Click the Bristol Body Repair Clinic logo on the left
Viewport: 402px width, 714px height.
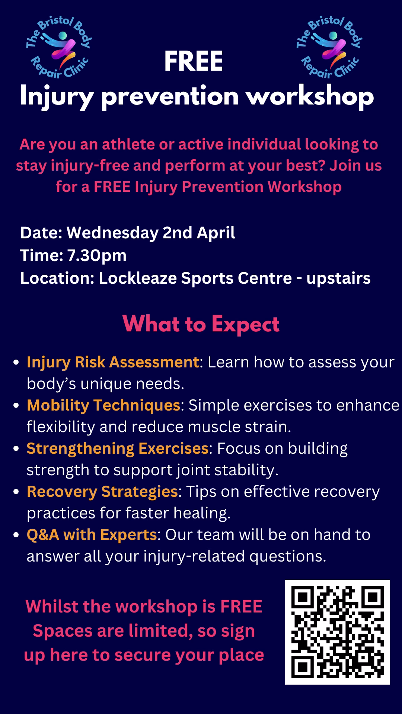point(58,47)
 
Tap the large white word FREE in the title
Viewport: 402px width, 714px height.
point(194,61)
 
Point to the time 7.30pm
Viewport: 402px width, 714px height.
point(97,255)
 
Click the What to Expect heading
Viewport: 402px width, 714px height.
point(201,324)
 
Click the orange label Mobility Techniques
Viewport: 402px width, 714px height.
point(103,405)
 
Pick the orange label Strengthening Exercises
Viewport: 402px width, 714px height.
point(117,449)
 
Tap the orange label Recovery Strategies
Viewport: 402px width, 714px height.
point(102,492)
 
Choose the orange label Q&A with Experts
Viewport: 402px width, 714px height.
point(92,535)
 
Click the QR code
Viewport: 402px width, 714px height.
point(338,632)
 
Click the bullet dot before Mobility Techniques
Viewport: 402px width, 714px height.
point(16,406)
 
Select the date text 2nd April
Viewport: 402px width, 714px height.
point(199,233)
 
